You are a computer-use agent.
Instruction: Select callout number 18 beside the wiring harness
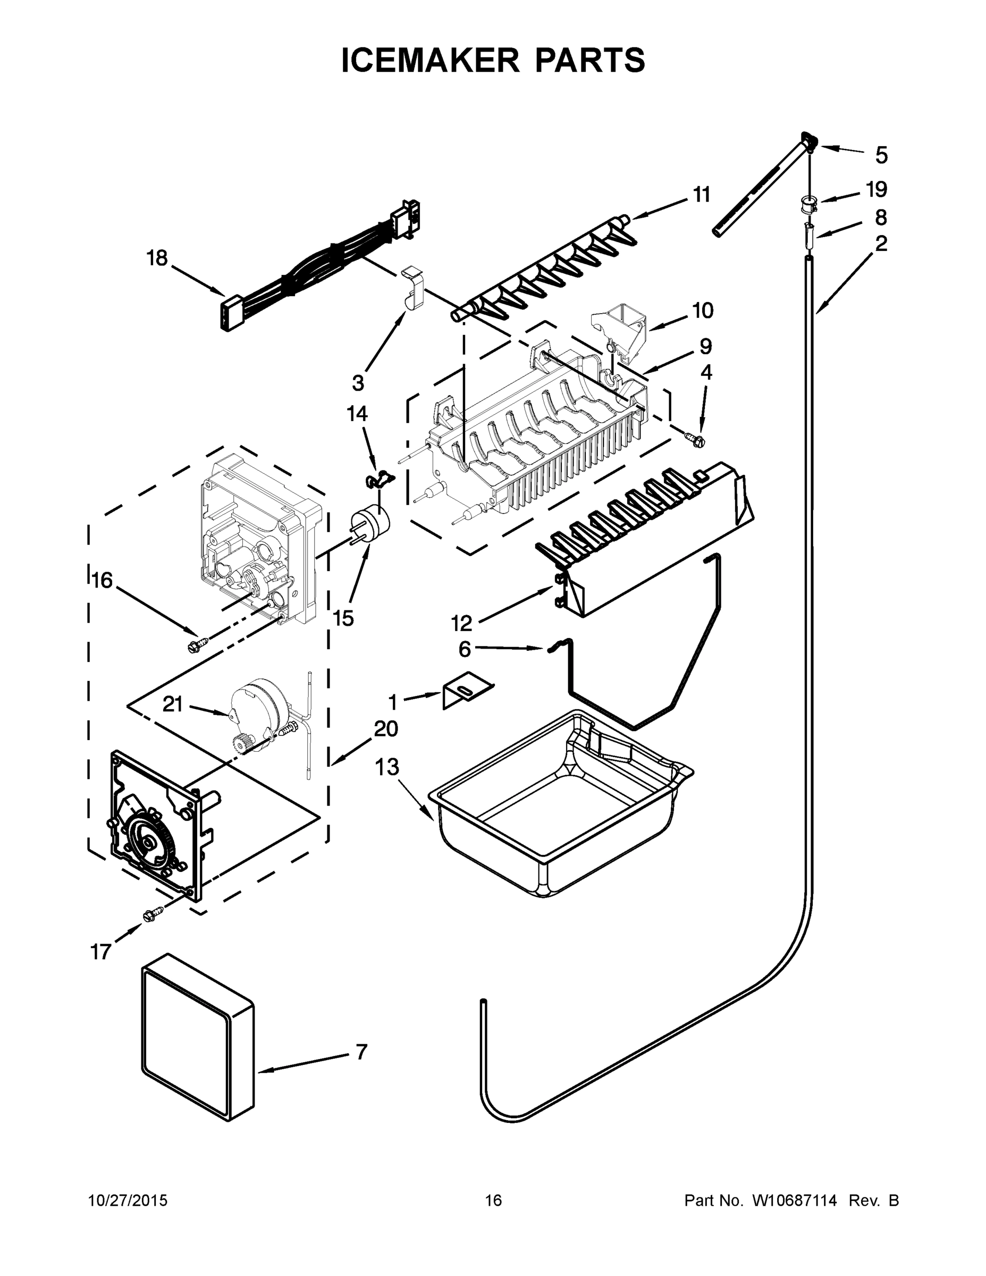(x=157, y=258)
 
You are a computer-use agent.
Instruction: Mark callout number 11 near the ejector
(x=702, y=195)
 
